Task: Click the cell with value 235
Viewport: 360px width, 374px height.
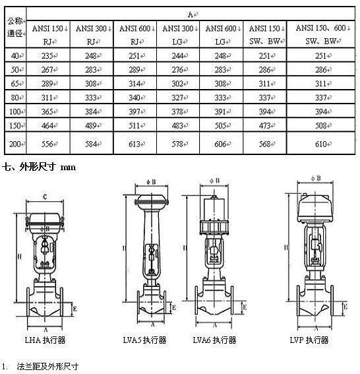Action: (x=48, y=55)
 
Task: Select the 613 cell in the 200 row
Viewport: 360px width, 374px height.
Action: (x=135, y=144)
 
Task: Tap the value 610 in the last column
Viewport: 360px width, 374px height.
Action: (x=321, y=144)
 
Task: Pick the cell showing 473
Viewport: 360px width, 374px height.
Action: (x=264, y=125)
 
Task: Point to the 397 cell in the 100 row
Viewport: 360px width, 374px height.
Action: (x=135, y=111)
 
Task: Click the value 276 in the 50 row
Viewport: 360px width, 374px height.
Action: (x=178, y=70)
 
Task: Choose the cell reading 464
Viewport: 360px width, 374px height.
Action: (x=48, y=125)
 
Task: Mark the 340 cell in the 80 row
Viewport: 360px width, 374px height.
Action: (x=135, y=98)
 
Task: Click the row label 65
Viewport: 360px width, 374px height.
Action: (x=15, y=84)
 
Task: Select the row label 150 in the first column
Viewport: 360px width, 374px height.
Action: (x=15, y=125)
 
